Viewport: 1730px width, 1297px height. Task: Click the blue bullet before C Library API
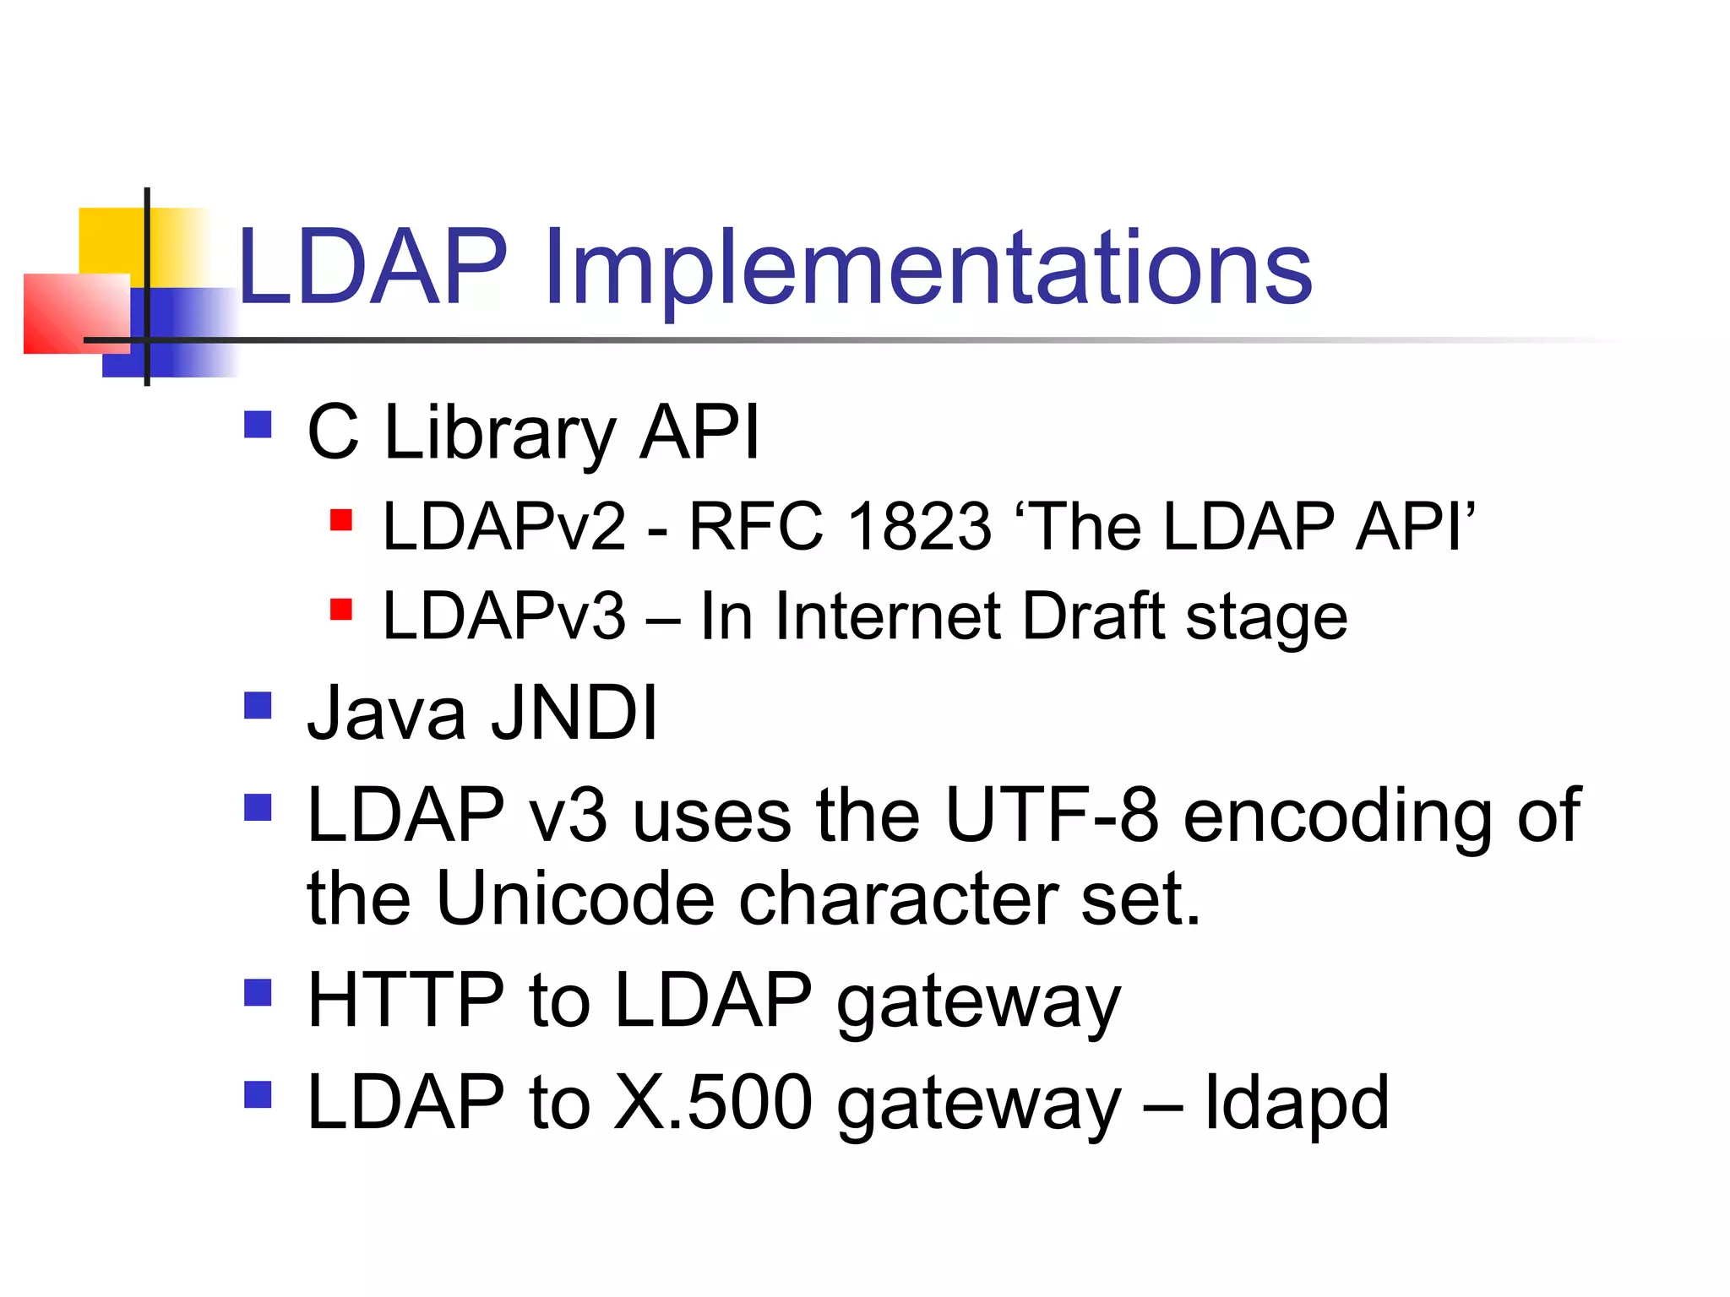click(258, 424)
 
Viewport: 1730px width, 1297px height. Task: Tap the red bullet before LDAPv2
click(340, 519)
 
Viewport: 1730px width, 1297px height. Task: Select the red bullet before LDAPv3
click(340, 609)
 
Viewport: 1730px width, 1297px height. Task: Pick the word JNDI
click(574, 714)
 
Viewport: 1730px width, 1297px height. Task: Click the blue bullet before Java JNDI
click(258, 705)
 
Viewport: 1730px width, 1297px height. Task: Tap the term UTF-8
click(1051, 815)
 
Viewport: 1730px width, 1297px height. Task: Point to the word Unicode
click(575, 898)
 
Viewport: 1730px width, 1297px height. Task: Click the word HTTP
click(406, 1001)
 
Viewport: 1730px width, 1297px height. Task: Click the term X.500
click(712, 1103)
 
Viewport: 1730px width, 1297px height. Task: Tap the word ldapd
click(1296, 1103)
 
